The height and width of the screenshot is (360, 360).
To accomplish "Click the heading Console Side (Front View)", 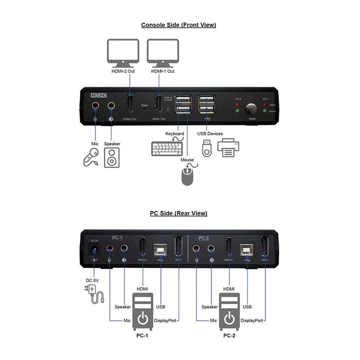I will (x=178, y=25).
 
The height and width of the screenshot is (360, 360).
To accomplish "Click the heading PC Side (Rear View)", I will (x=178, y=213).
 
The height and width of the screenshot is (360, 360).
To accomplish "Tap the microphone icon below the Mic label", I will (x=91, y=156).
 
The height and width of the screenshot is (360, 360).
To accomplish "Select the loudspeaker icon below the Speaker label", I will (x=112, y=157).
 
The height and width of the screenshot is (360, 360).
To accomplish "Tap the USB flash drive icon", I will (x=206, y=148).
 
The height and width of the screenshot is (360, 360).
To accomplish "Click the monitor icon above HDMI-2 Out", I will (x=122, y=52).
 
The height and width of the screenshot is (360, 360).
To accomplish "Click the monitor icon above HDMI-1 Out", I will (x=163, y=52).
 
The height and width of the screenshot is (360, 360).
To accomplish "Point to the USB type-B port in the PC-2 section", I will (x=247, y=250).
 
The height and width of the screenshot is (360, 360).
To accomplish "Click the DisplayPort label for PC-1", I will (x=166, y=320).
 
